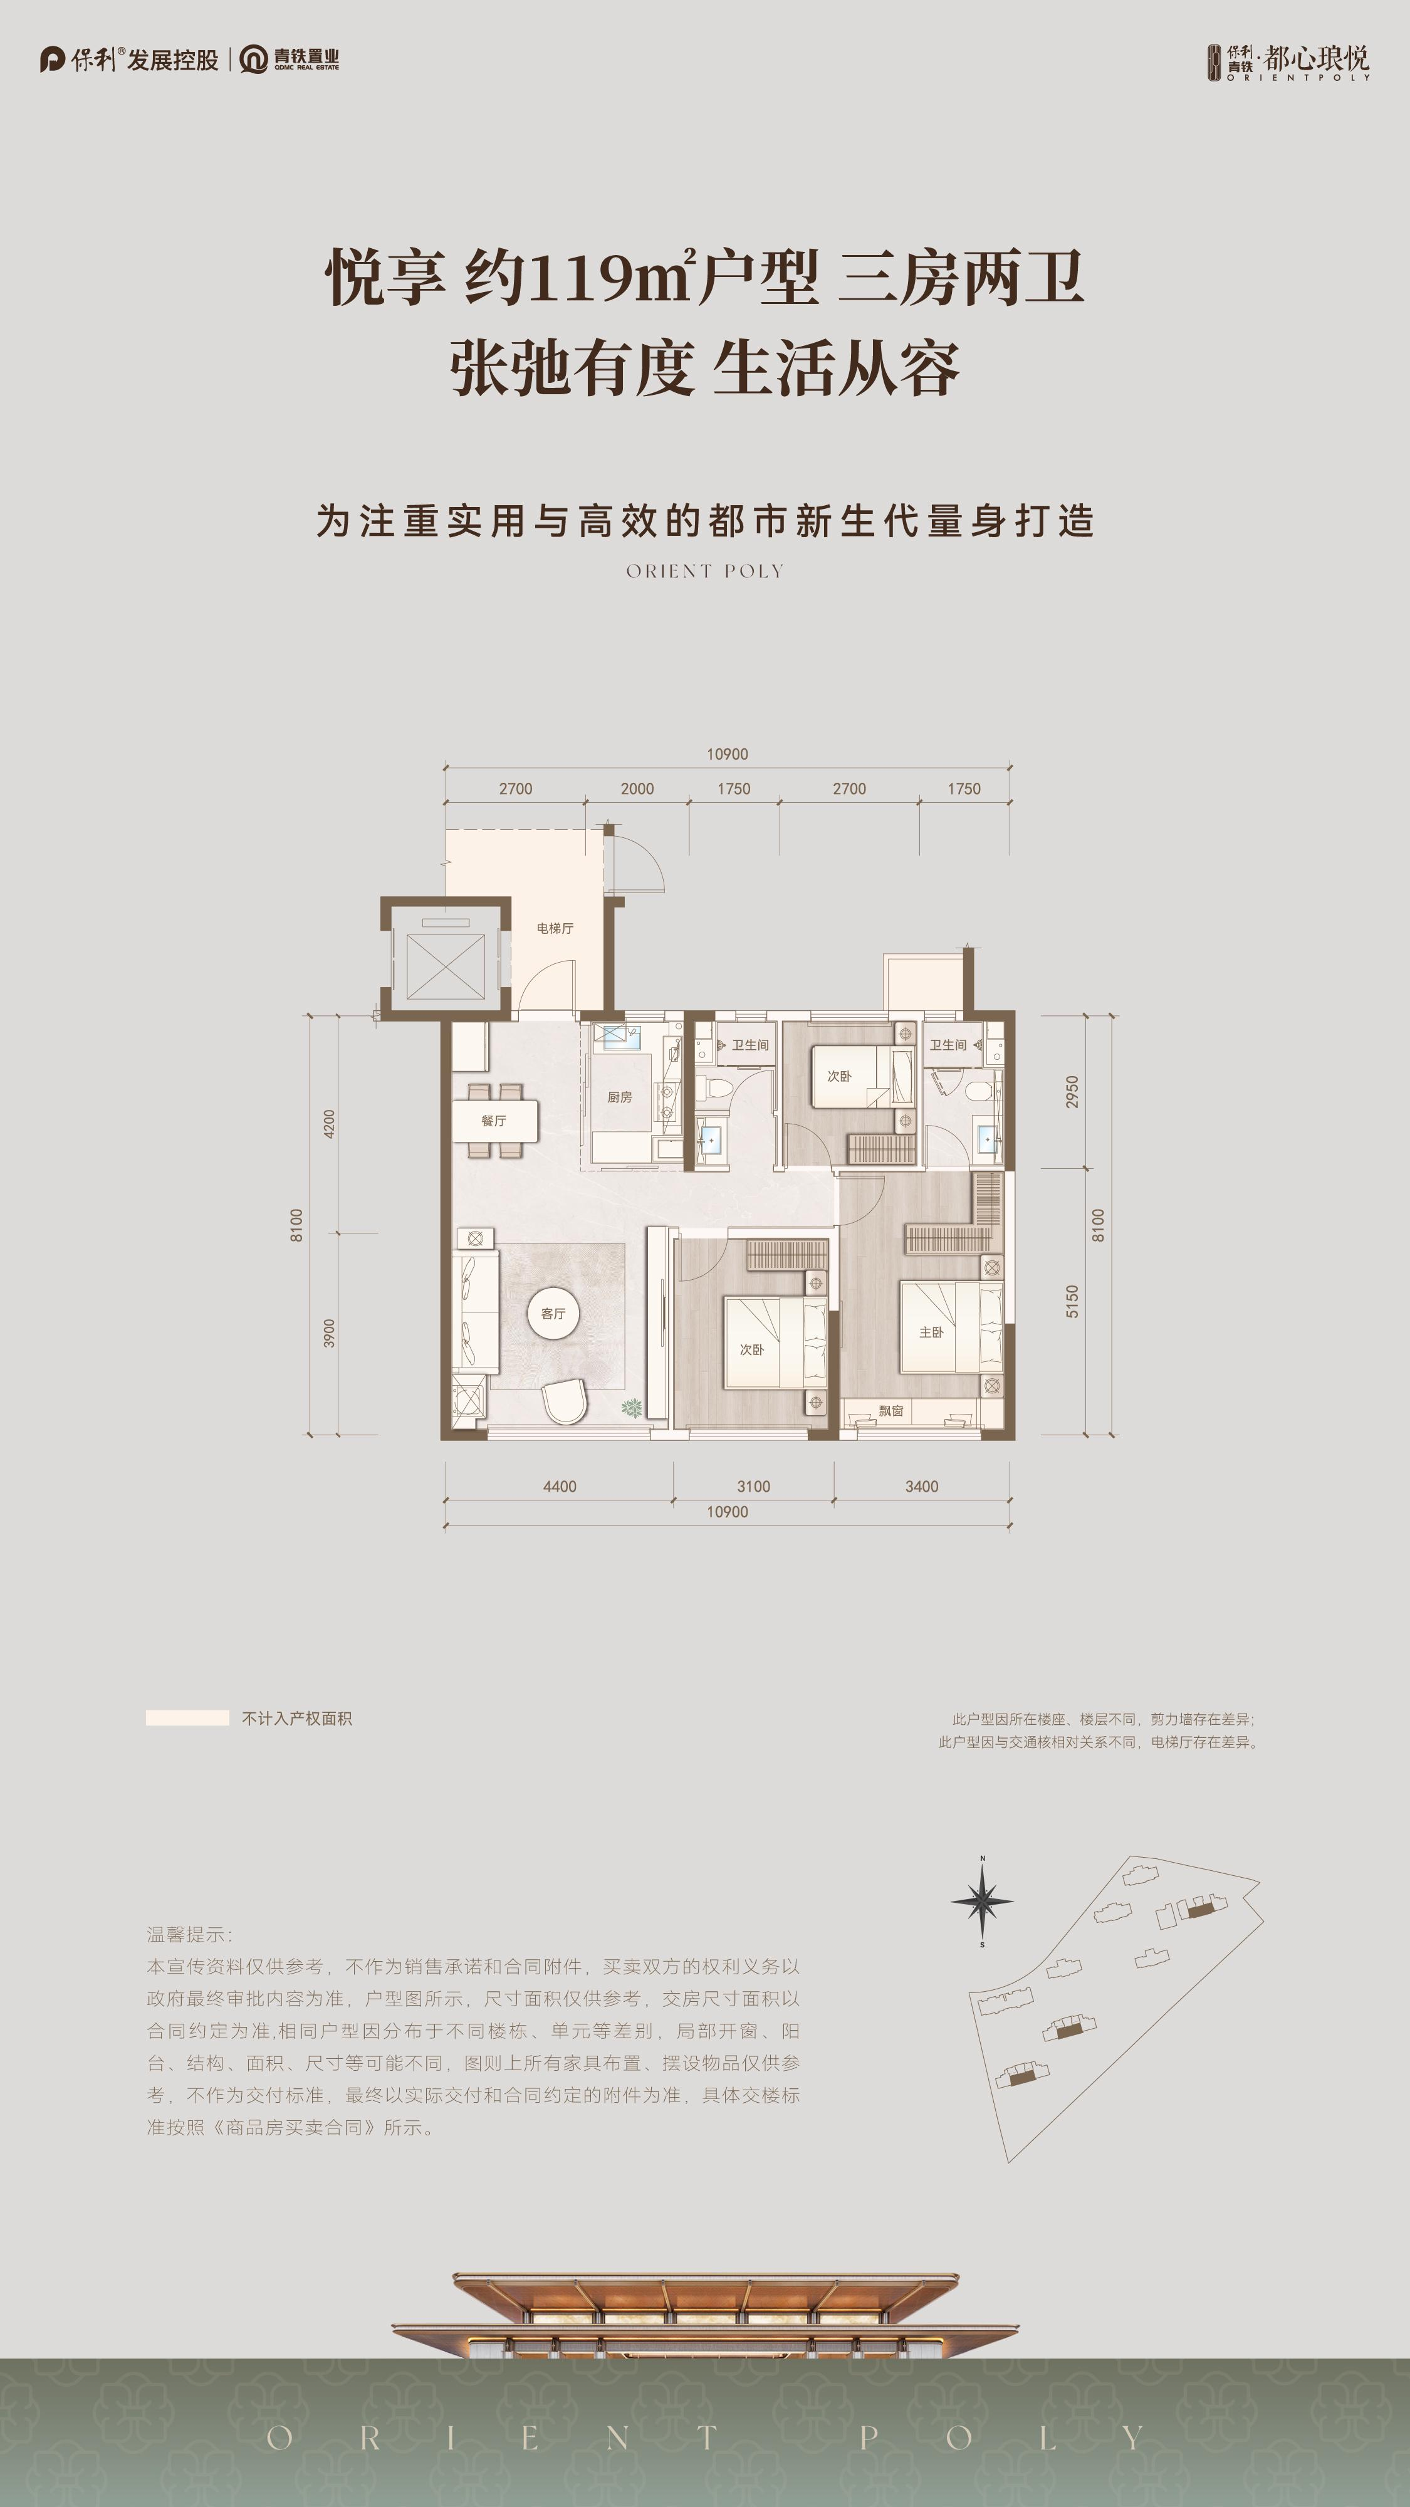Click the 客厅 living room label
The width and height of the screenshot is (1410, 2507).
(x=553, y=1314)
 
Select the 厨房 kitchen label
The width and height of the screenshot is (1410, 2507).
(x=619, y=1097)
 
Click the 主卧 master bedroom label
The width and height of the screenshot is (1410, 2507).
(x=931, y=1332)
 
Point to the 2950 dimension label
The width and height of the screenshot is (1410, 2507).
(x=1072, y=1092)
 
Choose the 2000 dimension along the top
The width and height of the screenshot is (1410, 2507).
(x=637, y=788)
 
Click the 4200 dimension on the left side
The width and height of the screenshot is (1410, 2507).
(x=329, y=1124)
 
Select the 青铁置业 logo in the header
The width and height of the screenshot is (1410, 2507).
(x=290, y=60)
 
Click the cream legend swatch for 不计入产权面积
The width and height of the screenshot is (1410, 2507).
(x=187, y=1718)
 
